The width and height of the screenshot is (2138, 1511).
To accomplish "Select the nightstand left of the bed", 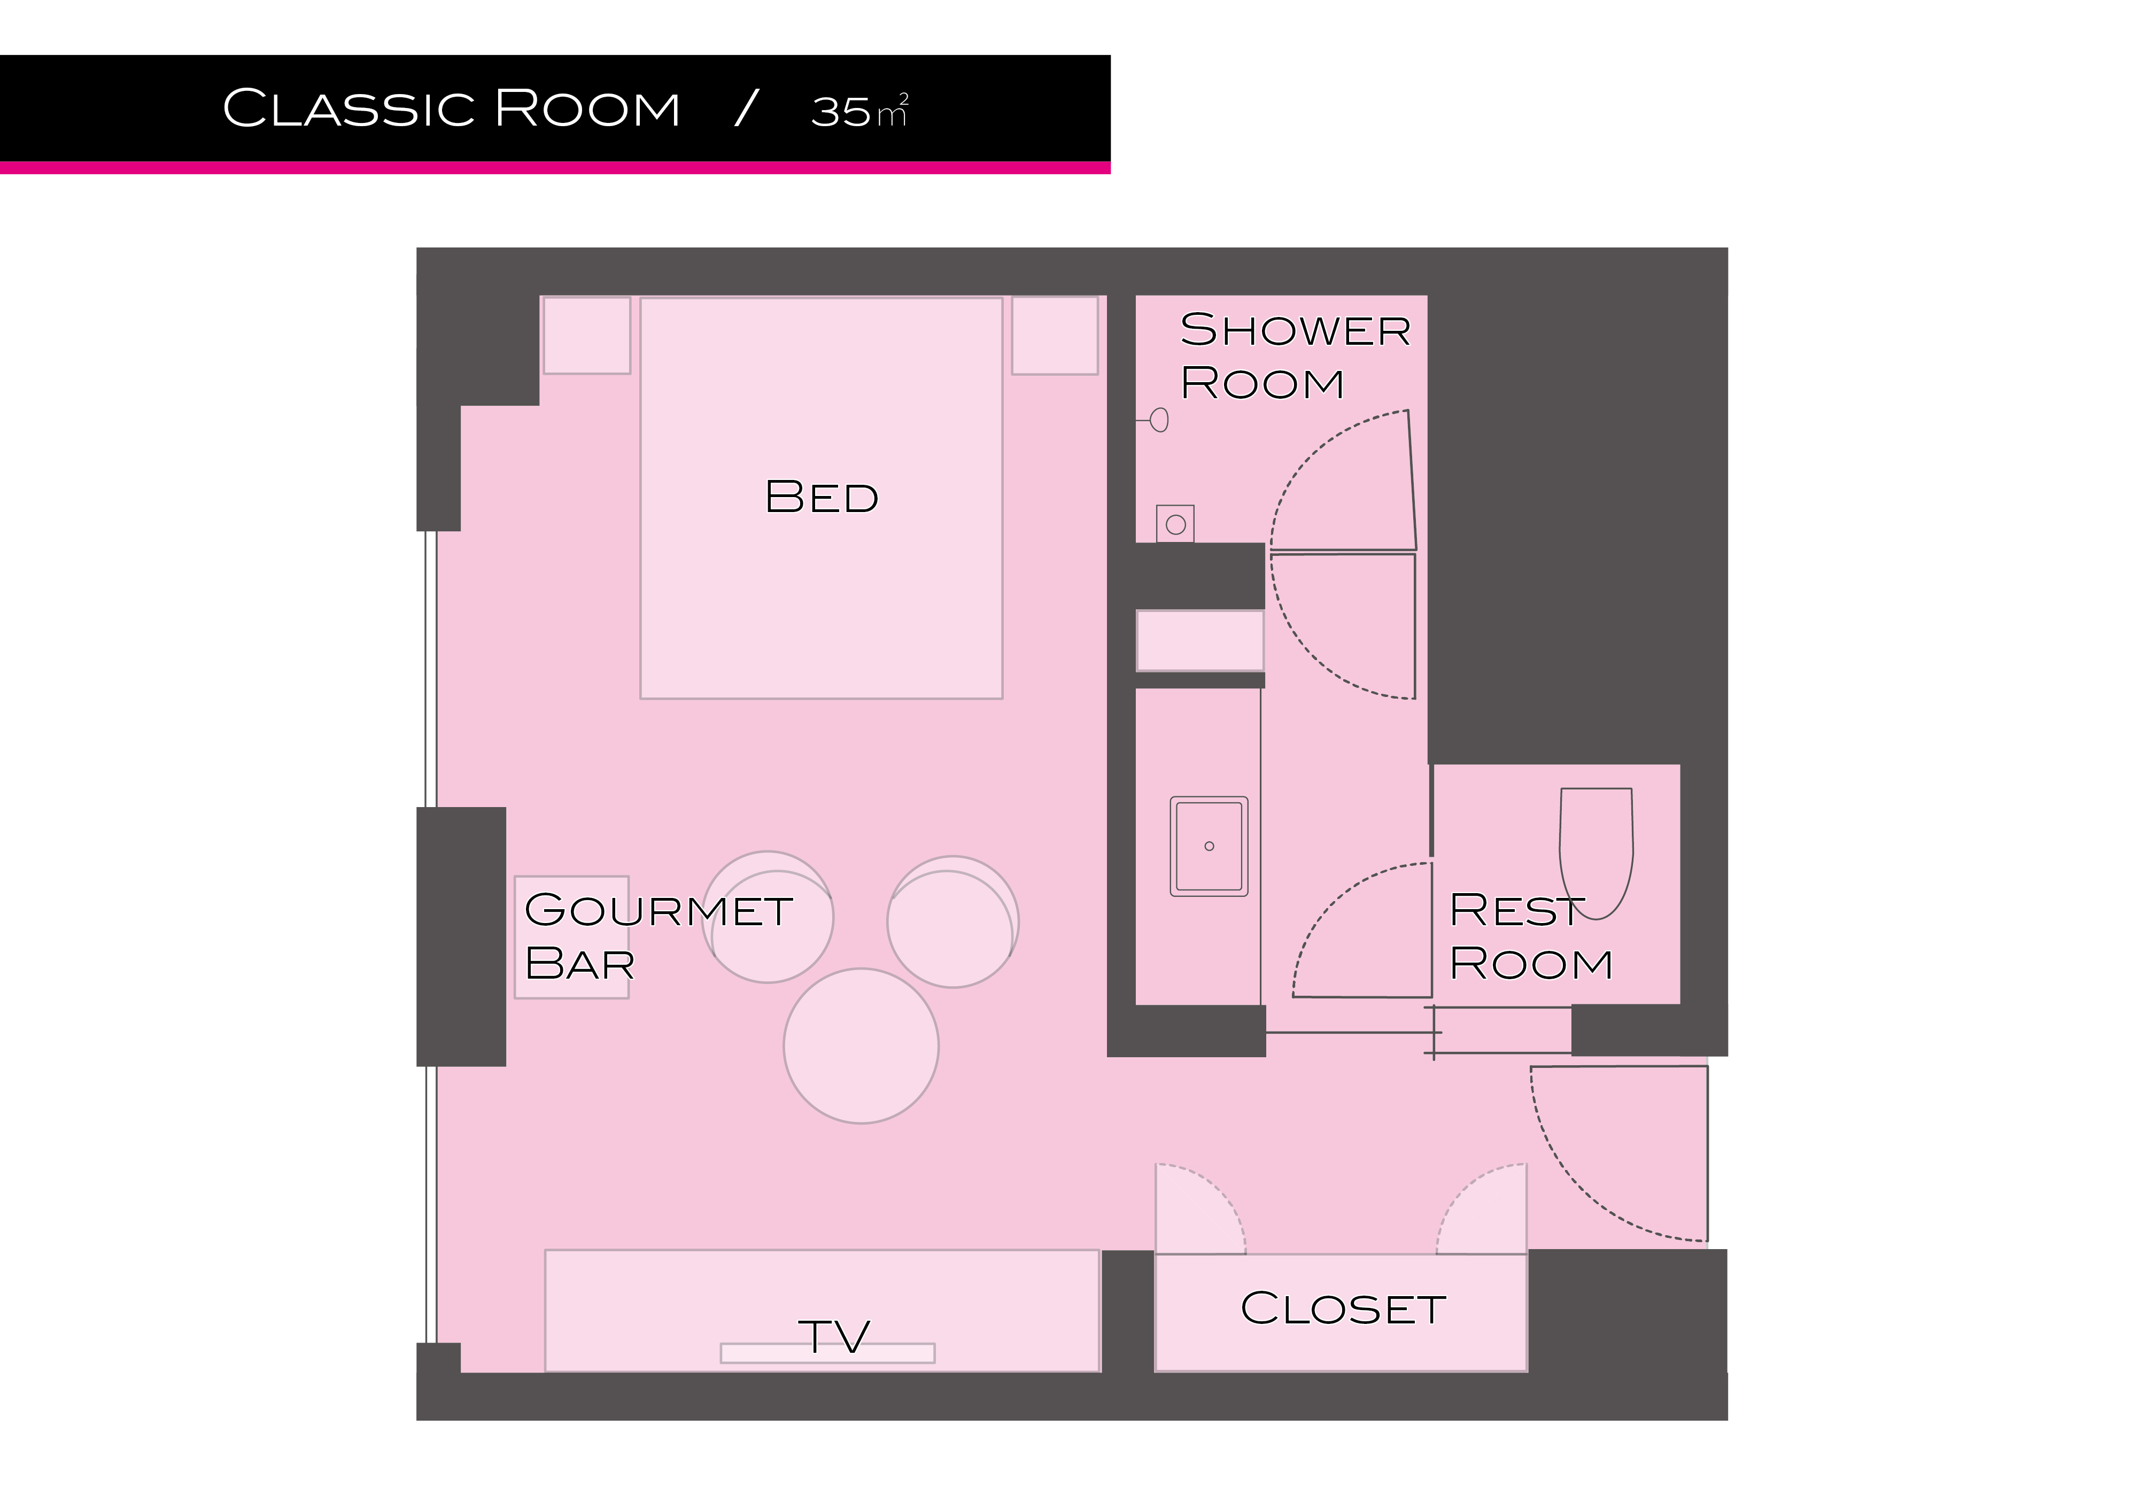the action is pos(587,335).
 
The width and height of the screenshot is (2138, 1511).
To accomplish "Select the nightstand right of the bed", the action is pos(1055,335).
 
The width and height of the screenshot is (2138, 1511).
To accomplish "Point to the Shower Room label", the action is pos(1295,355).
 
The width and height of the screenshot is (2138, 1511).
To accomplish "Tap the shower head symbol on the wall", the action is pos(1157,421).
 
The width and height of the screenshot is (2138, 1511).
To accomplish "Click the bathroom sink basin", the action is pos(1209,846).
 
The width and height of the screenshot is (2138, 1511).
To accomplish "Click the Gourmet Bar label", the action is pos(659,936).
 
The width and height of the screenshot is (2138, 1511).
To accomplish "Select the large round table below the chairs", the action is pos(861,1045).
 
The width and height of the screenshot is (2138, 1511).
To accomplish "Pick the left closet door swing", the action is pos(1200,1208).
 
